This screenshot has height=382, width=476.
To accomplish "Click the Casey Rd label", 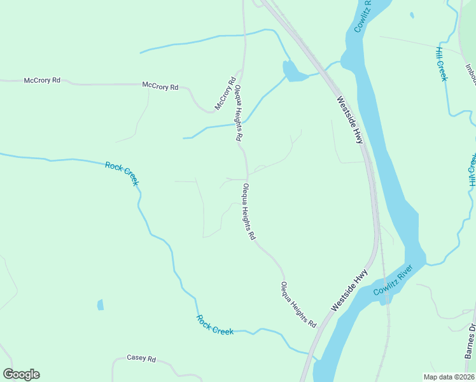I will coord(141,358).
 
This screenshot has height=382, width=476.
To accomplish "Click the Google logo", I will coord(21,374).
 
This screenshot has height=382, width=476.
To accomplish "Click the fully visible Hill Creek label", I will coord(442,64).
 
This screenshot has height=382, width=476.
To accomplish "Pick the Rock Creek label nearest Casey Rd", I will coord(214,325).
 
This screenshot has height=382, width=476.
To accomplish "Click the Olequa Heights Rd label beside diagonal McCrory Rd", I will coord(239,113).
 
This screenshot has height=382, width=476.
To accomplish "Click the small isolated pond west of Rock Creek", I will coord(101,305).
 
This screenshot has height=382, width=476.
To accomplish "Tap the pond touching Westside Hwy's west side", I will coord(294,71).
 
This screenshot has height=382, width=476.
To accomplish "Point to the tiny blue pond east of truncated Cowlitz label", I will coord(412,15).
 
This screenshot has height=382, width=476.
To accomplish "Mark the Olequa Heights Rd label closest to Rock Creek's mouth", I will coord(298,304).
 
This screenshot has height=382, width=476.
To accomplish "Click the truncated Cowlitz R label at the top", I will coord(362,15).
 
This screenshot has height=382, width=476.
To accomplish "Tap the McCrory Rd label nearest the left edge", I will coord(42,81).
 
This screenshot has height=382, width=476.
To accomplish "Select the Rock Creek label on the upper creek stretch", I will coord(122,173).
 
